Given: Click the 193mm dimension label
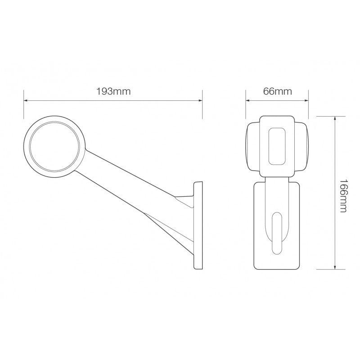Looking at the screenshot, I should coord(113,92).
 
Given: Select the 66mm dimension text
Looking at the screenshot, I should coord(277,92).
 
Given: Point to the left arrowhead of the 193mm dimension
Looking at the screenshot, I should coord(26,100).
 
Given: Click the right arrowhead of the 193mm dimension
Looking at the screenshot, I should coord(201,100).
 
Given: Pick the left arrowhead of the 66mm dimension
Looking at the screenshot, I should coord(247,100).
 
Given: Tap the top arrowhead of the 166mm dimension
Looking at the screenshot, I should coord(335,118).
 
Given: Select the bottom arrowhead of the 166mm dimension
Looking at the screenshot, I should coord(335,267).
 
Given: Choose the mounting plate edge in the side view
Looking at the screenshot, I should coord(198,225).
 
